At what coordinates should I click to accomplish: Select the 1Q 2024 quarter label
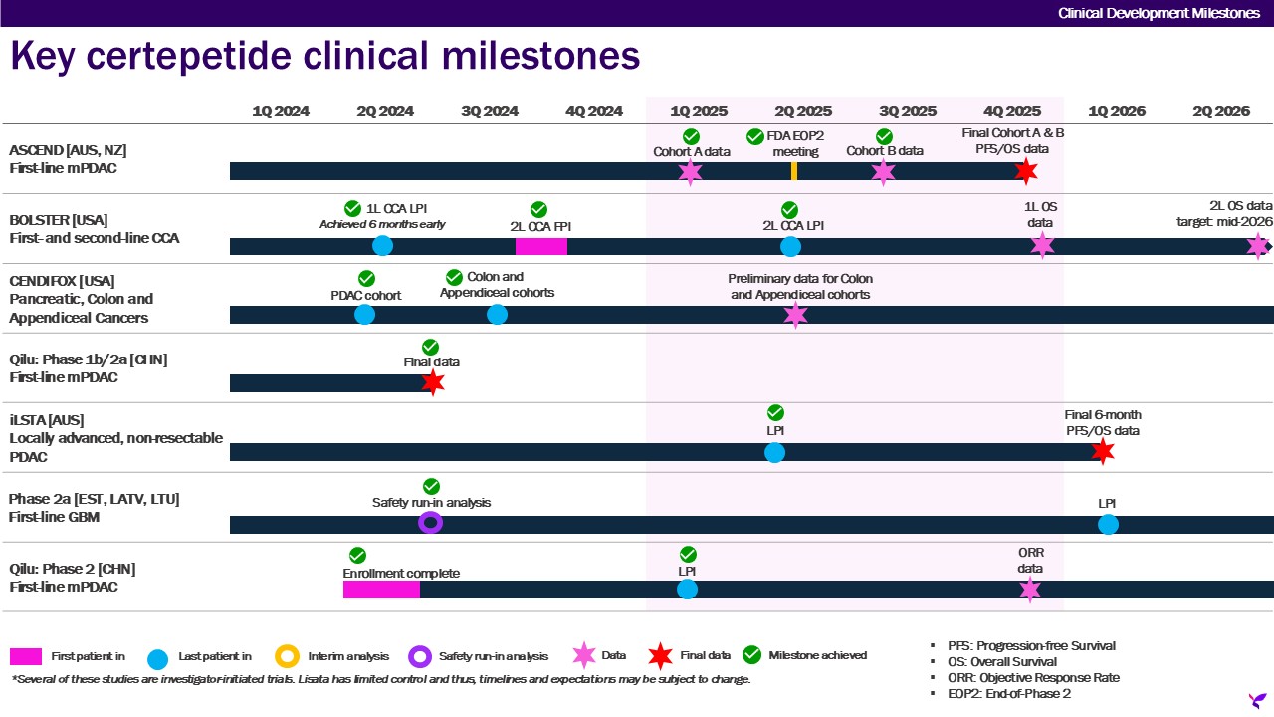(x=280, y=111)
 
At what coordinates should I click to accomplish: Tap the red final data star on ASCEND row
(x=1026, y=171)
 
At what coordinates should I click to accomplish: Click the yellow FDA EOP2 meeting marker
(x=793, y=171)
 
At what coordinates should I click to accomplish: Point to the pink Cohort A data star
(x=690, y=171)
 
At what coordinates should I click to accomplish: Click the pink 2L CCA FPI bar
(x=540, y=246)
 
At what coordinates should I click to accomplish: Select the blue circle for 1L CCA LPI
(x=382, y=246)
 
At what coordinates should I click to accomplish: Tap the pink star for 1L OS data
(x=1042, y=245)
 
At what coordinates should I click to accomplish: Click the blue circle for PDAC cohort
(x=365, y=315)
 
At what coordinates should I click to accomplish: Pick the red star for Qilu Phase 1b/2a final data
(x=432, y=382)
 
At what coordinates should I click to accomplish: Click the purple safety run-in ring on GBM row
(x=430, y=523)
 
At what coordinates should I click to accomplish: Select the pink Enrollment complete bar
(x=381, y=590)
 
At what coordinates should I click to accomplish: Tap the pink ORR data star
(x=1030, y=590)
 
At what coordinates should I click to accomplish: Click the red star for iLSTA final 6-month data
(x=1102, y=451)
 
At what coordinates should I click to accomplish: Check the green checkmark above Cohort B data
(x=884, y=136)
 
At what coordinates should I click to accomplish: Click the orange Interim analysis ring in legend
(x=287, y=656)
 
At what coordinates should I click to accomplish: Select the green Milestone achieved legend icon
(x=752, y=655)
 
